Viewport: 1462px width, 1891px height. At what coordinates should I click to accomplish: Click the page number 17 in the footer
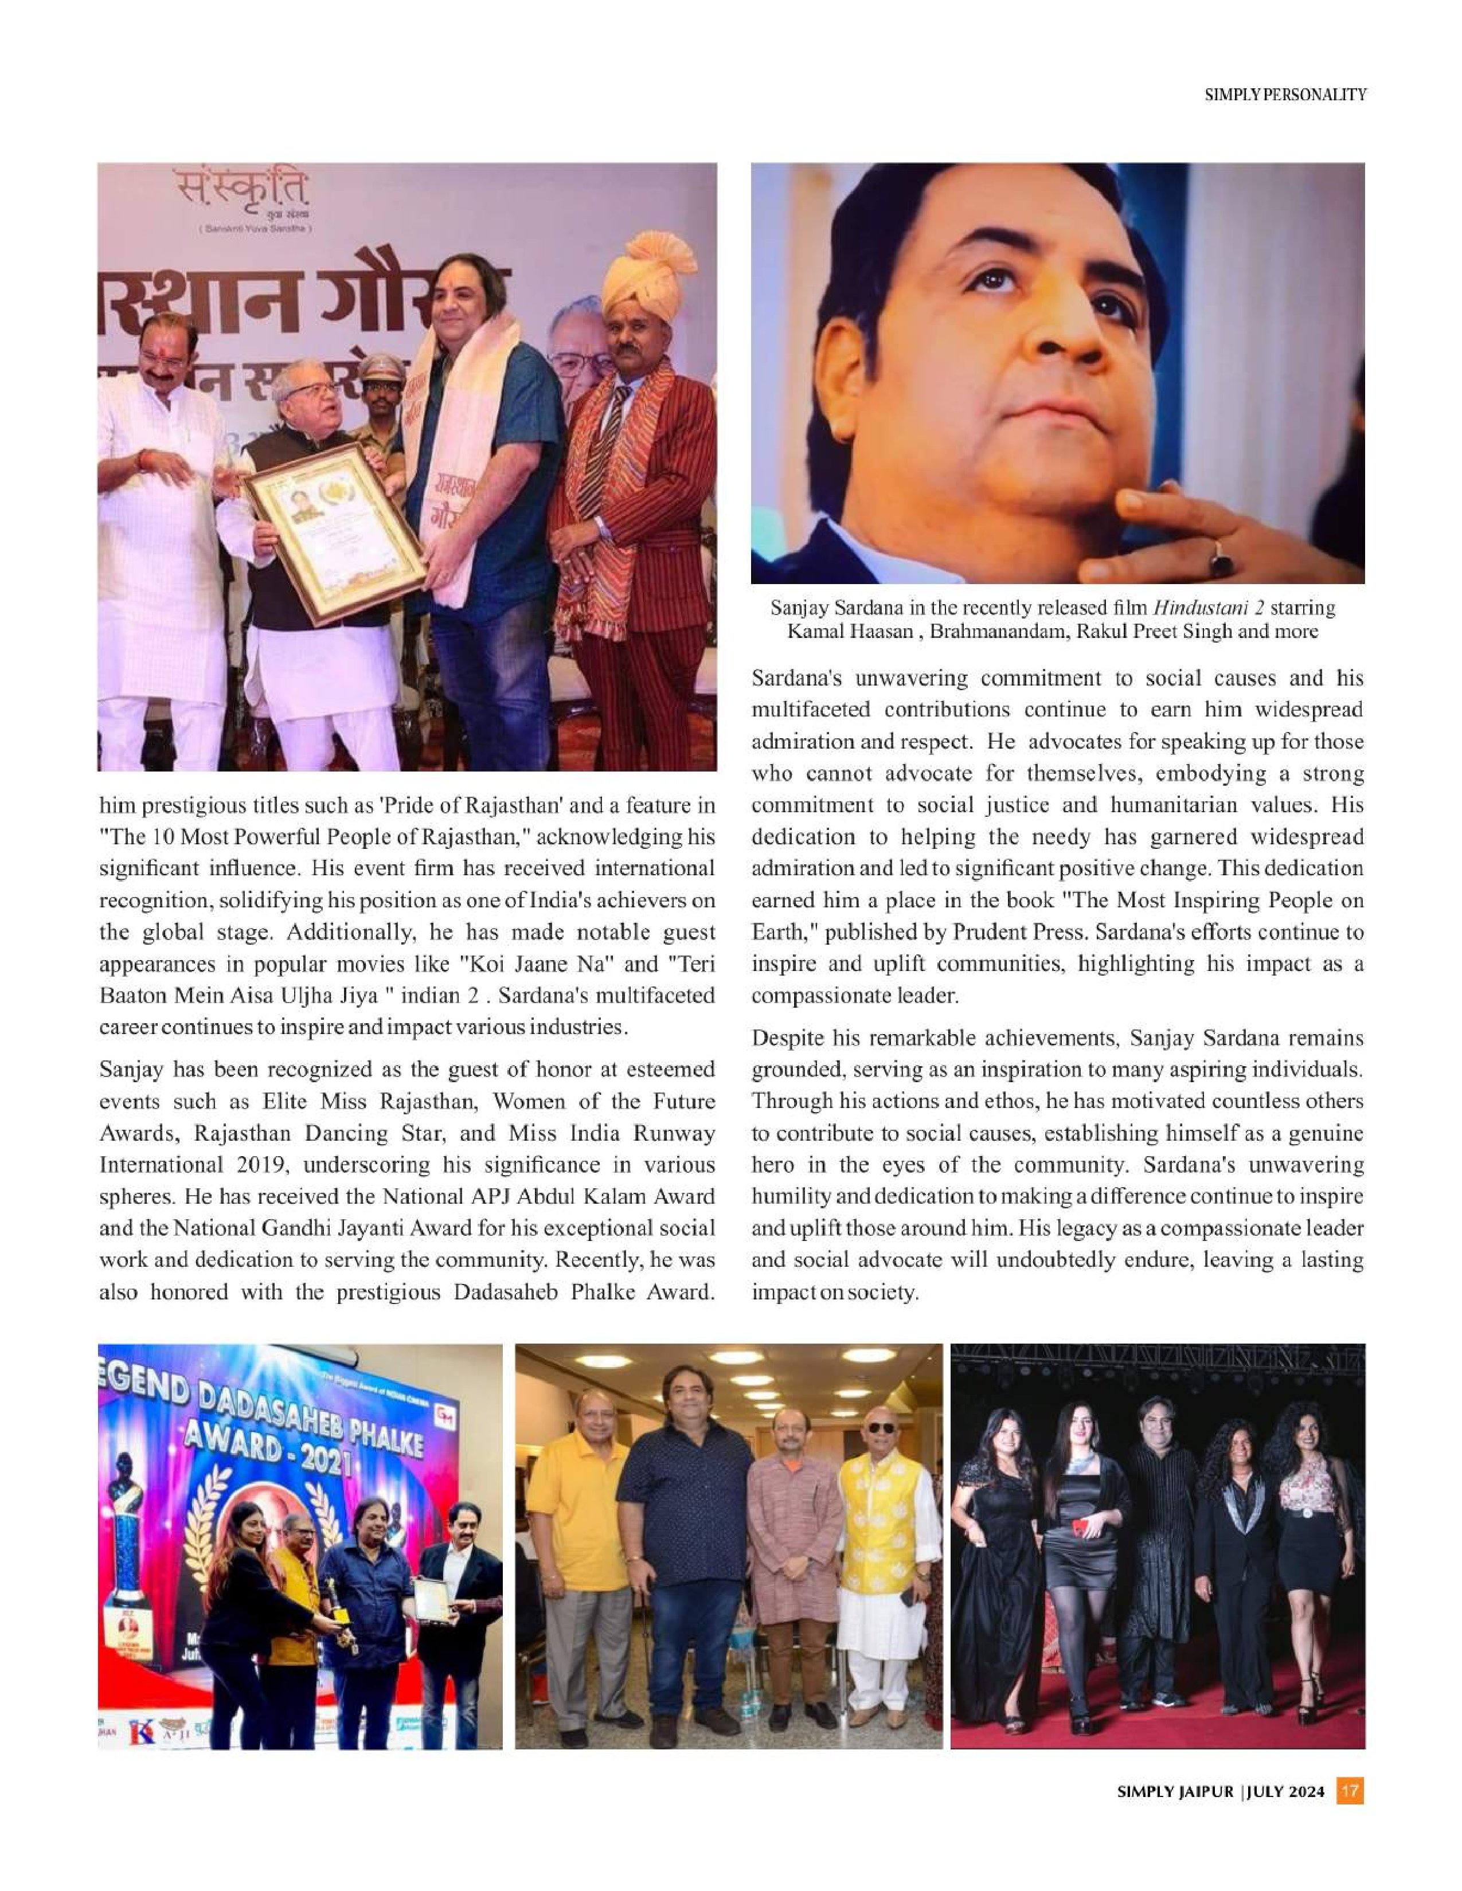click(1350, 1791)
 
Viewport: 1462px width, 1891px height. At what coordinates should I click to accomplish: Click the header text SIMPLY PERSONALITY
click(1285, 95)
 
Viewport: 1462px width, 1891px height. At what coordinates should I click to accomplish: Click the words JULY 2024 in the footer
click(1286, 1791)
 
